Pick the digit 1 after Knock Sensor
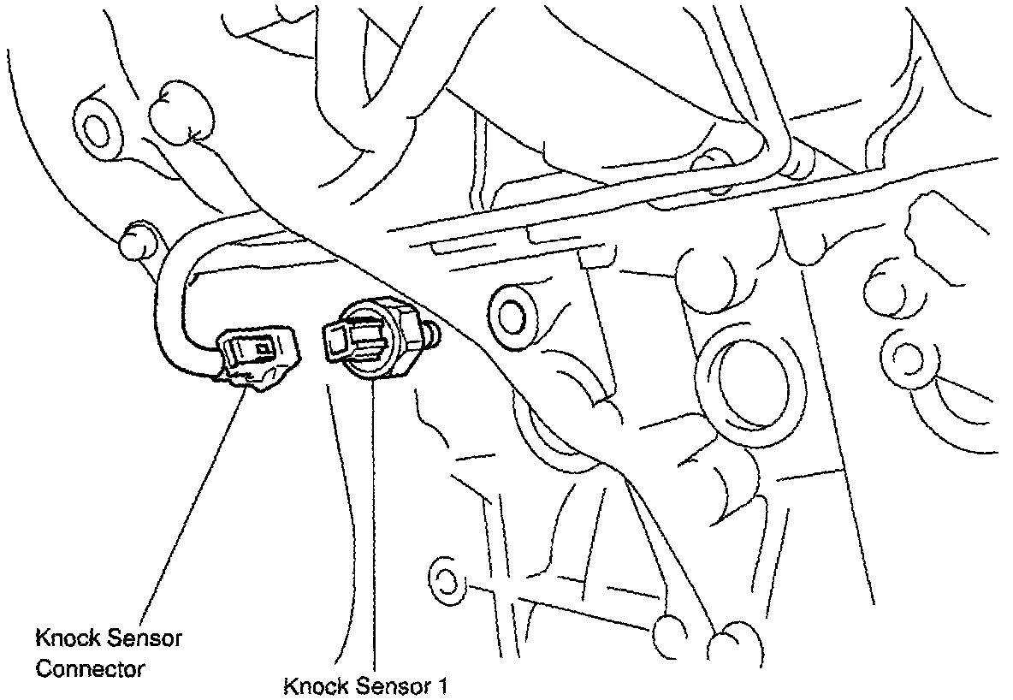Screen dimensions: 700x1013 [x=443, y=687]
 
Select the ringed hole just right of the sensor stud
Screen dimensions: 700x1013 [x=509, y=314]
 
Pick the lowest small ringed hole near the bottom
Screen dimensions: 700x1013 [x=444, y=581]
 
